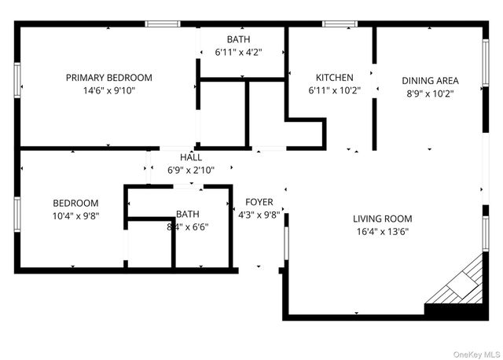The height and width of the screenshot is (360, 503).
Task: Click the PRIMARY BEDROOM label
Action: click(108, 78)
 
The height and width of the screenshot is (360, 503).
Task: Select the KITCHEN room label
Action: click(334, 78)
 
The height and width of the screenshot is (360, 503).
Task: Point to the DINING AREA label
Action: click(430, 80)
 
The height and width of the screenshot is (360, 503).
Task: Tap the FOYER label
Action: click(259, 202)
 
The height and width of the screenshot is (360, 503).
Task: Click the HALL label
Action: click(190, 157)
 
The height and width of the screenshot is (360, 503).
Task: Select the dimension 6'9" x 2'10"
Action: click(190, 170)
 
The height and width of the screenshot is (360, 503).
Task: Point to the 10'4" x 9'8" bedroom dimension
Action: click(75, 215)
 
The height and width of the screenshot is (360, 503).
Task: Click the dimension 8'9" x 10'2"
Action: click(430, 93)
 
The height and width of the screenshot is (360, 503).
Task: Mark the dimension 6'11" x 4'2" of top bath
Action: click(238, 53)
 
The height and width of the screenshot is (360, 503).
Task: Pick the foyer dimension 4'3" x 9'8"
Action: click(259, 215)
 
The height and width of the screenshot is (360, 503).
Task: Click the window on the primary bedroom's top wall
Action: click(163, 24)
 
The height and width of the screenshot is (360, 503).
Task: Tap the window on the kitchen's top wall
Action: click(340, 24)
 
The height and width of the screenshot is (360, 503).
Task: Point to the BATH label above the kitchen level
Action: click(238, 39)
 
